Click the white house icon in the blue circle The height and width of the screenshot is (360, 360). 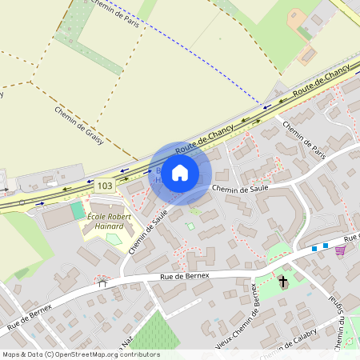[180, 173]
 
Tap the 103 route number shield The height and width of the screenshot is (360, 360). [104, 185]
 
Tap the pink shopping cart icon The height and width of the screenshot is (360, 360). [341, 250]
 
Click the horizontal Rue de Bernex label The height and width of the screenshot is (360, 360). [184, 275]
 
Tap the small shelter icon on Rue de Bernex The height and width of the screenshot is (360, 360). [102, 282]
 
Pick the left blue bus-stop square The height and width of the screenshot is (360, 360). [314, 249]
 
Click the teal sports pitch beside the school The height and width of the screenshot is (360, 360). [77, 210]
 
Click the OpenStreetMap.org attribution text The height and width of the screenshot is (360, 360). [104, 354]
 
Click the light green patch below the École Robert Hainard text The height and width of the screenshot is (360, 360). [114, 238]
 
